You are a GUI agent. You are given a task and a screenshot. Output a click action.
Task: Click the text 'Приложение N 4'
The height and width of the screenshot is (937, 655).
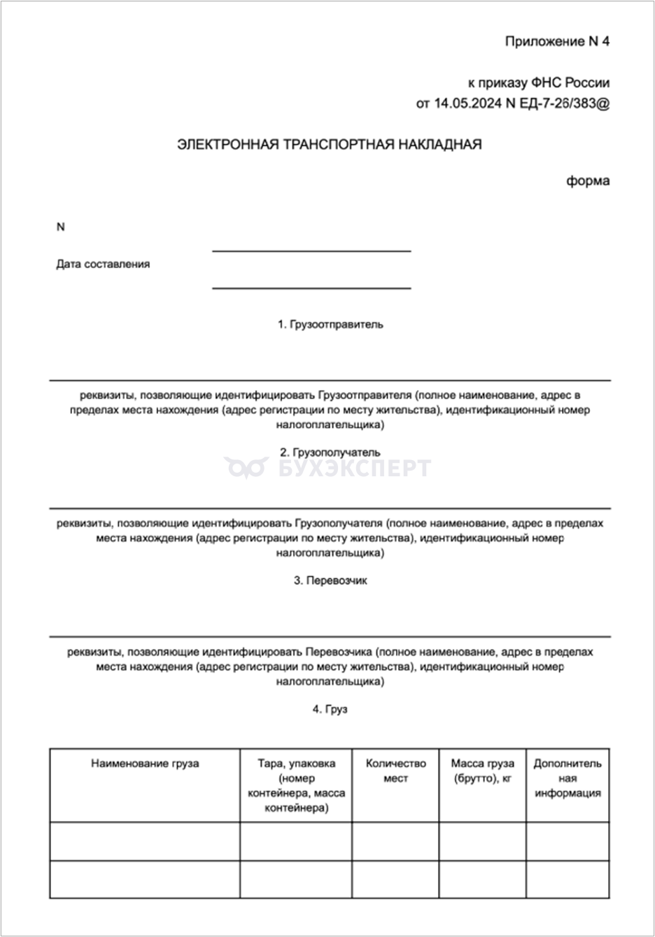tap(557, 41)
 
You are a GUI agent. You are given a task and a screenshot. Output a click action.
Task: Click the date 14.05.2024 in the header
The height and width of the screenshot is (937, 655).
tap(467, 103)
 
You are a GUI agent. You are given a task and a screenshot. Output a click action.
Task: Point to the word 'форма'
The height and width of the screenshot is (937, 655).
tap(588, 181)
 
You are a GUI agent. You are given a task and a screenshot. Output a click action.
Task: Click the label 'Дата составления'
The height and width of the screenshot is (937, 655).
tap(103, 264)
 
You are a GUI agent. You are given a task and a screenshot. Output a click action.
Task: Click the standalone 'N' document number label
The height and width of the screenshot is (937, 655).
tap(60, 227)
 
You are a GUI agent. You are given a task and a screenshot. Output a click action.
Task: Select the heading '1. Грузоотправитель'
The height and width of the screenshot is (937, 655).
tap(330, 324)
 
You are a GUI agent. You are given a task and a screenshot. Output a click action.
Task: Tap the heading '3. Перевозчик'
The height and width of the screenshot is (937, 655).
tap(330, 580)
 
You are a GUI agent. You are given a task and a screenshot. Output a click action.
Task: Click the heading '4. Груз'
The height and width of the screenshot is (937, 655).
tap(330, 709)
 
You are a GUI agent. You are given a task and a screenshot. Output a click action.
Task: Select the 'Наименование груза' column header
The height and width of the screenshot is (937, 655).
tap(145, 764)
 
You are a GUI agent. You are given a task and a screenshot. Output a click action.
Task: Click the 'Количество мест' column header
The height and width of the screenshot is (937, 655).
tap(395, 771)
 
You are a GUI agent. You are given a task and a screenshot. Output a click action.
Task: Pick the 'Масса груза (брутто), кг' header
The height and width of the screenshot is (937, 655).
tap(482, 771)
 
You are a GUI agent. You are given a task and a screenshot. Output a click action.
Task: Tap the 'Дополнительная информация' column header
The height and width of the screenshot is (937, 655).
tap(568, 778)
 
